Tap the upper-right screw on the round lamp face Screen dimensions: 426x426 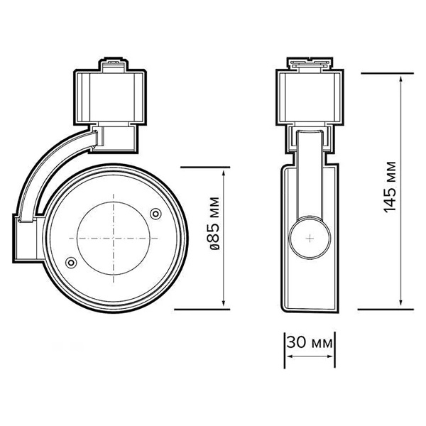coord(156,212)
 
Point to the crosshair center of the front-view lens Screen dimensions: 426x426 coord(113,237)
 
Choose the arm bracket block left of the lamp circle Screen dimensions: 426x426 coord(23,238)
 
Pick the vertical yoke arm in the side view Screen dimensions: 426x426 coord(310,177)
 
